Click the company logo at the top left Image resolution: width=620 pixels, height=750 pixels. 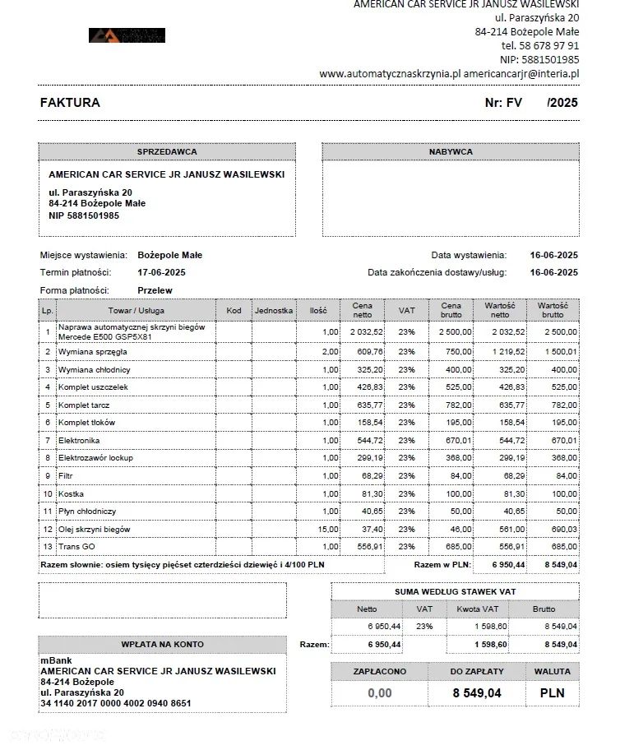[x=127, y=35]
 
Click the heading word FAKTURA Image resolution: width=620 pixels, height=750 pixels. [x=70, y=104]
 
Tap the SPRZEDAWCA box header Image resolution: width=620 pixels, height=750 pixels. [x=167, y=152]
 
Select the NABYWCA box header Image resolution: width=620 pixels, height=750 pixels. [x=451, y=152]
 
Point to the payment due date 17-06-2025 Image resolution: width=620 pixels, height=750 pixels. [x=161, y=272]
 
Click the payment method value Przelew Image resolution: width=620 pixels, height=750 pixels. [x=155, y=290]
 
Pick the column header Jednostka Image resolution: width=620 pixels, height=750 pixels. [x=274, y=311]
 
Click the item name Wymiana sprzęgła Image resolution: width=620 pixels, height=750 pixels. [x=92, y=352]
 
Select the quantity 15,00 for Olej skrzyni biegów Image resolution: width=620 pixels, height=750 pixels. [x=328, y=530]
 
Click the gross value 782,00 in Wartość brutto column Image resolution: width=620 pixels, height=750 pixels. [x=563, y=405]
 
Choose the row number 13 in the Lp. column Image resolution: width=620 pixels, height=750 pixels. [x=48, y=547]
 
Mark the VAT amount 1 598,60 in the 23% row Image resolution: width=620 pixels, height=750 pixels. [x=479, y=627]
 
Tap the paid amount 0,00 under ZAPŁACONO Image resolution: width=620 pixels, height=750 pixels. [x=379, y=693]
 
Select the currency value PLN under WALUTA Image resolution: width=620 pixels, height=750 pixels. [x=552, y=693]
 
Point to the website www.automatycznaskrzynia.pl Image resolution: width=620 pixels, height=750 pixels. [x=390, y=73]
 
